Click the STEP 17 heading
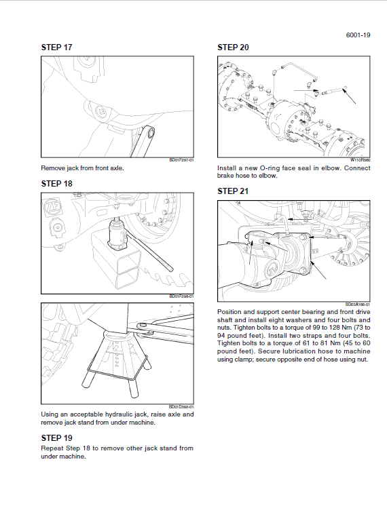tap(56, 47)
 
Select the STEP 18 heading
tap(56, 183)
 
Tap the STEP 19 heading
tap(56, 437)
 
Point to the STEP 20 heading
tap(232, 47)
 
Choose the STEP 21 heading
tap(232, 191)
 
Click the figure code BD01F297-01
tap(181, 160)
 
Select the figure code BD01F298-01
tap(181, 296)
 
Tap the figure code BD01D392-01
tap(181, 407)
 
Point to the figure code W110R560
tap(360, 160)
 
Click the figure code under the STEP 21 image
tap(358, 304)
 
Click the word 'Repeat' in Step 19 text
tap(52, 448)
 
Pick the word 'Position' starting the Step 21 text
tap(231, 311)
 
